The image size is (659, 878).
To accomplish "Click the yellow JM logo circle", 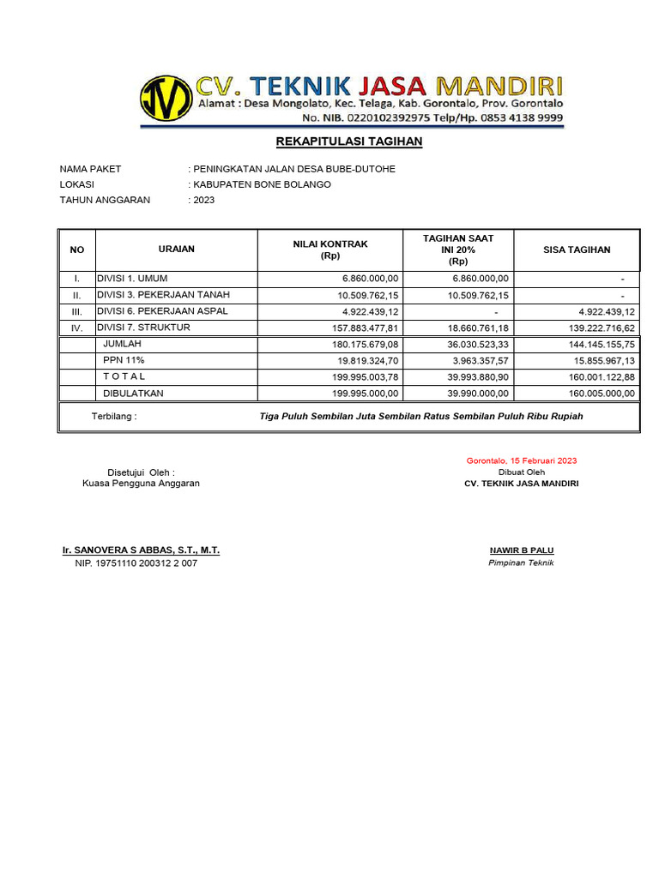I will [166, 99].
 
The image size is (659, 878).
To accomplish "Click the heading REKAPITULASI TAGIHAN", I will [349, 141].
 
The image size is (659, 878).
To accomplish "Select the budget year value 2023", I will [204, 200].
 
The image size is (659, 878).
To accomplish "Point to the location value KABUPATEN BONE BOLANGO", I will [262, 184].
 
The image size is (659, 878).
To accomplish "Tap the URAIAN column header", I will [177, 250].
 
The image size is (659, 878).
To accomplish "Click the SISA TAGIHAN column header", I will [577, 250].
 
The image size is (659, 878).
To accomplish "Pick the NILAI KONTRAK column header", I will [330, 250].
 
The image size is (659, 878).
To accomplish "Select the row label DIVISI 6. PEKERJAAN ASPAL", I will [162, 310].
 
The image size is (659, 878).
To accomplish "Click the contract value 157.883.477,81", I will [365, 328].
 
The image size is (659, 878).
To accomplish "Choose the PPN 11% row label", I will [124, 360].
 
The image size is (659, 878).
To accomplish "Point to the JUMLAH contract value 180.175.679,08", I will [365, 344].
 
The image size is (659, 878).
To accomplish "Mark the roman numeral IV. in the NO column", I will [76, 328].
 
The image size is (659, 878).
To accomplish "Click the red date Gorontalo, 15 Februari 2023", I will [522, 460].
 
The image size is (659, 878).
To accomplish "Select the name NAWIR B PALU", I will [522, 550].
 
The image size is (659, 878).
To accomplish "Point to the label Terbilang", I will [113, 417].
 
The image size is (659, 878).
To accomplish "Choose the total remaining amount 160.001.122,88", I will [601, 376].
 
